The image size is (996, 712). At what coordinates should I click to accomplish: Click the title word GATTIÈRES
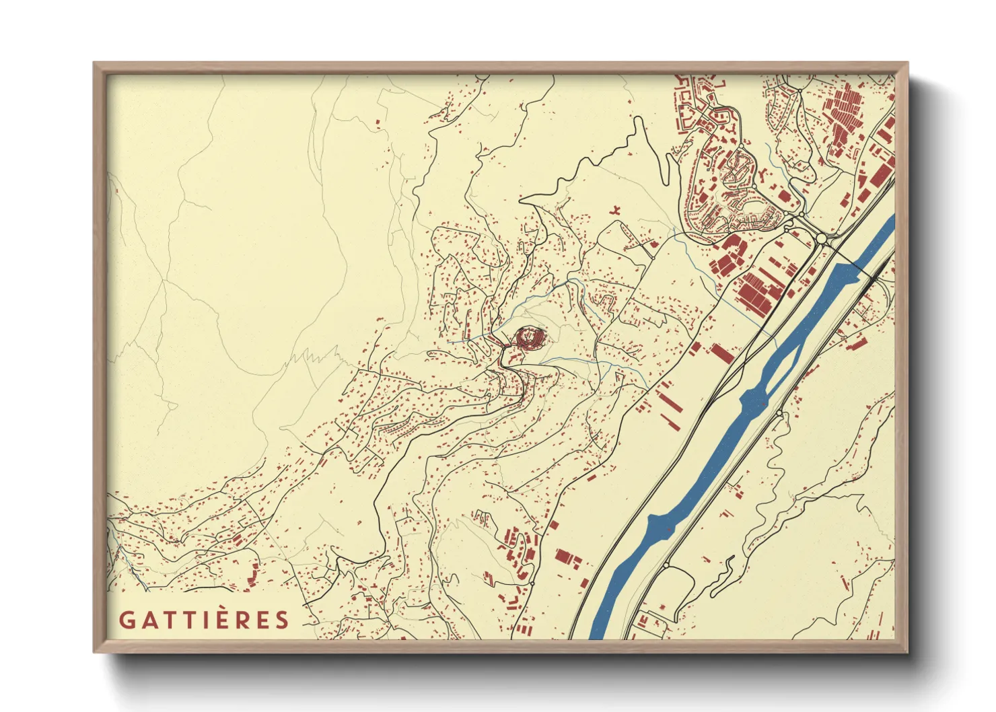pos(204,620)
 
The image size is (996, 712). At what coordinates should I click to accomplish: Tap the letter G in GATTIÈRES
pos(126,620)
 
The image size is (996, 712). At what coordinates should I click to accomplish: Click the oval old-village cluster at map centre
pos(530,337)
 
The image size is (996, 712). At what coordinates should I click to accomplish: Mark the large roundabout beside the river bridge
pos(821,238)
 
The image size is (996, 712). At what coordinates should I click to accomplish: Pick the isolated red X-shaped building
pos(615,212)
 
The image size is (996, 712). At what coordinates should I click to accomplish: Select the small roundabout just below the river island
pos(779,413)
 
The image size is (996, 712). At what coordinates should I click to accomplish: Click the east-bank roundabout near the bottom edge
pos(667,564)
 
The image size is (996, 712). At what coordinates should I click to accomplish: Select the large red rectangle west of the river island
pos(722,354)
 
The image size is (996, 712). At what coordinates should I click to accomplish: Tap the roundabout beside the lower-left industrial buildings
pos(532,583)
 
